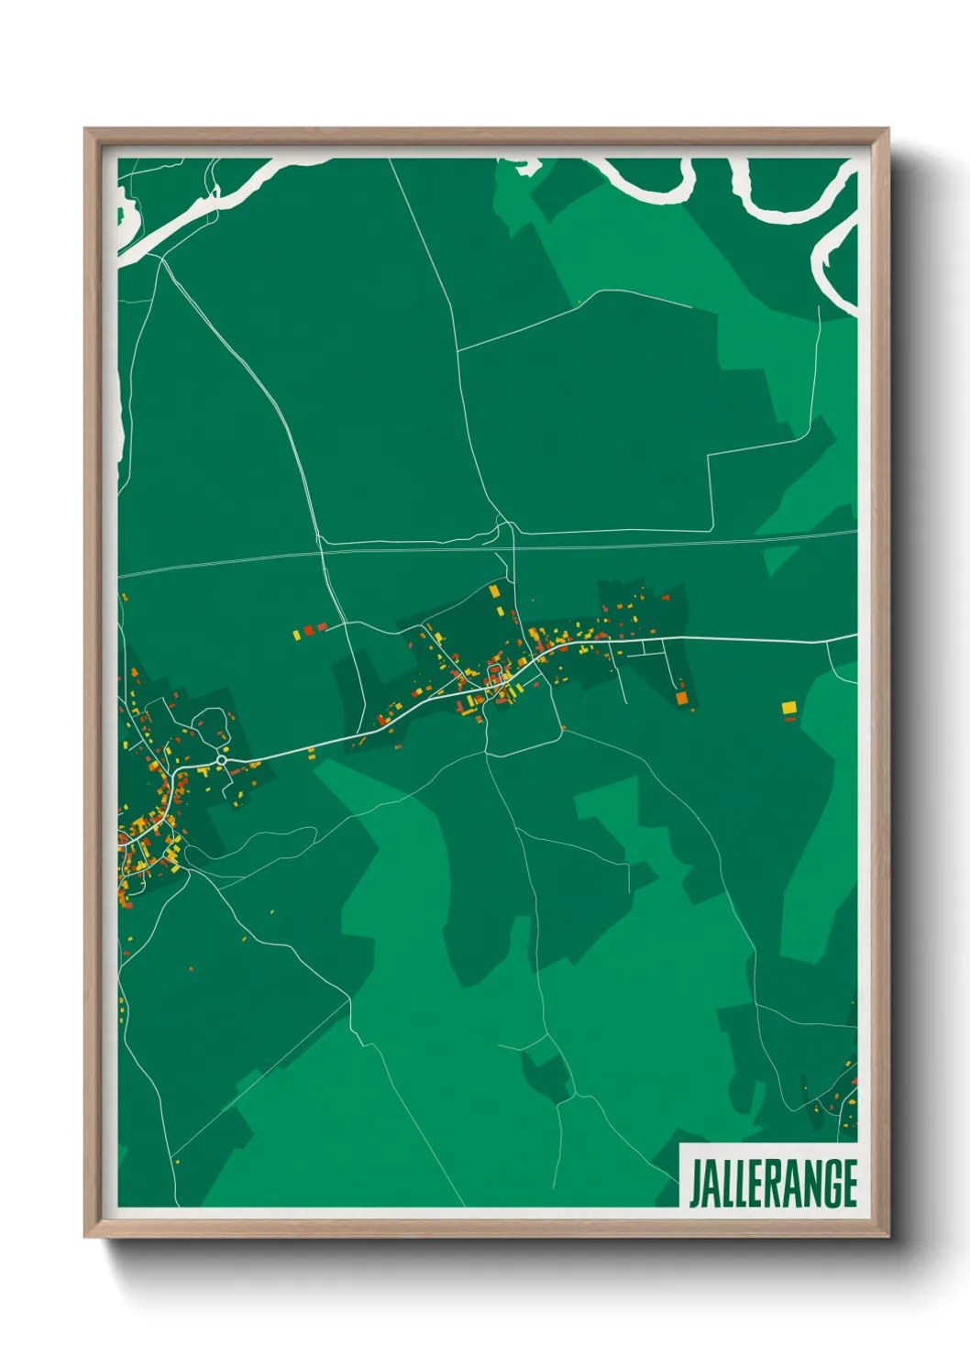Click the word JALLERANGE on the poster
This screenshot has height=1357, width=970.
(773, 1184)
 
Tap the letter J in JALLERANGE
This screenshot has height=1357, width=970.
(696, 1184)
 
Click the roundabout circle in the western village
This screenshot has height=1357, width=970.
(221, 760)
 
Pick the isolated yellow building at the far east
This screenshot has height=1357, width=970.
(788, 707)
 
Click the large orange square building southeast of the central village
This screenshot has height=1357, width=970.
(681, 699)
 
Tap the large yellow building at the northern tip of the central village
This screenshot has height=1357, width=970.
(495, 591)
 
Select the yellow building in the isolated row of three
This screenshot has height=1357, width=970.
(297, 634)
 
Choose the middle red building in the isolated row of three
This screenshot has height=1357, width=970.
(309, 631)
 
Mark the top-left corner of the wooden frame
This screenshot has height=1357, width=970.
(85, 129)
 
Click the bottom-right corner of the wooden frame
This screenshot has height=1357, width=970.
(887, 1237)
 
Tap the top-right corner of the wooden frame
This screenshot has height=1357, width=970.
(887, 129)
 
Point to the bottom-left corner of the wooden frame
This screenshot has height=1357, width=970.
(85, 1237)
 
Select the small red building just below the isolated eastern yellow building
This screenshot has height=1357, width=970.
(789, 720)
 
